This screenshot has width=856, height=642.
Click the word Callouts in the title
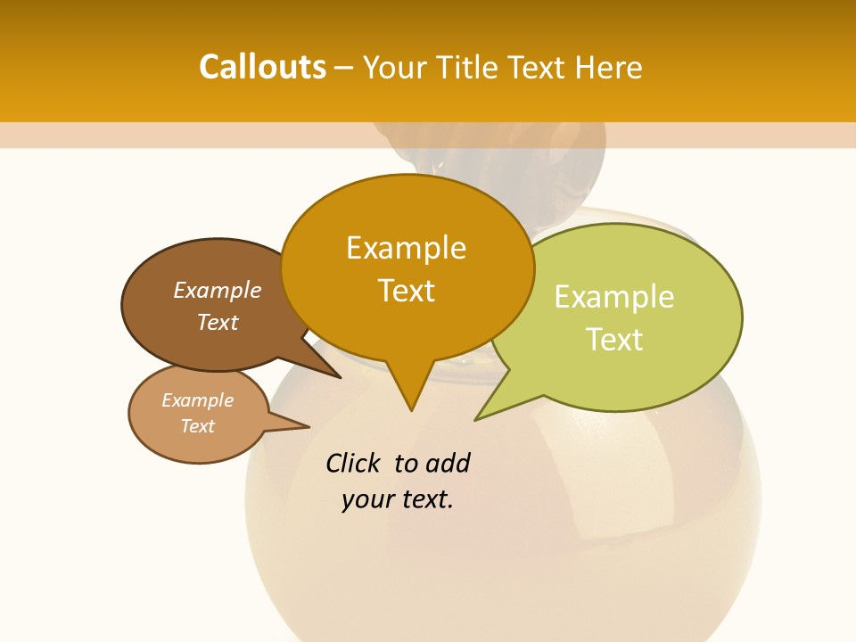pos(262,67)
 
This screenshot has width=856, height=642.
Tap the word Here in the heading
pos(609,67)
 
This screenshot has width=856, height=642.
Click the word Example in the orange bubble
pos(406,247)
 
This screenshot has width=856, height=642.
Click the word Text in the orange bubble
pos(406,290)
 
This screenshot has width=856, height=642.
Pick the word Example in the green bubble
pos(613,296)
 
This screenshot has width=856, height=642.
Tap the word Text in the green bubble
pos(613,339)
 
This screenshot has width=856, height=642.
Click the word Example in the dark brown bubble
pos(217,290)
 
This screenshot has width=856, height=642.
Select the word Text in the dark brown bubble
pos(217,322)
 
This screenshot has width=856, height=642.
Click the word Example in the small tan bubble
pos(197,400)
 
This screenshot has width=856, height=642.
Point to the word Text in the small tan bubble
pos(197,426)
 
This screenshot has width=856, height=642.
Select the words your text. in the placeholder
pos(397,499)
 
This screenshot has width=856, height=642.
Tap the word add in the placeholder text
pos(448,463)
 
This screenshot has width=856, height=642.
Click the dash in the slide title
pos(344,68)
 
